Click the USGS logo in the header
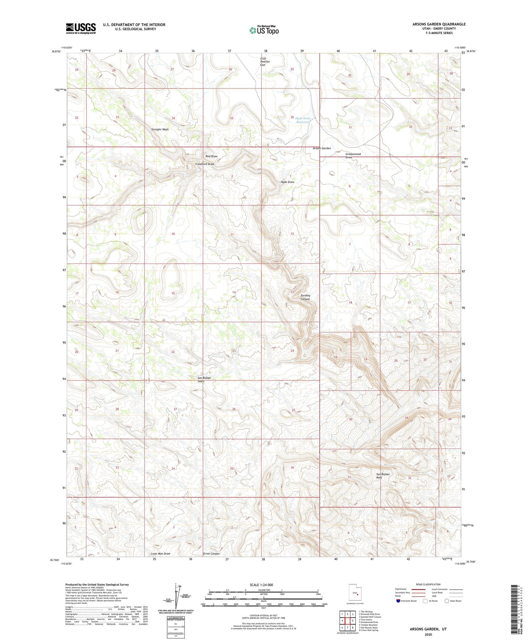coord(81,28)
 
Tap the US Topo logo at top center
coord(264,30)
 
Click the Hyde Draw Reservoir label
coord(303,120)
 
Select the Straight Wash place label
coord(160,130)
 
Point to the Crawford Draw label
coord(205,164)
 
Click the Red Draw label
coord(211,156)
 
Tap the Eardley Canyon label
coord(305,297)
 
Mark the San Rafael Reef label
coord(383,476)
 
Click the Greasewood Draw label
coord(353,156)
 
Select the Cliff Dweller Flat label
coord(265,62)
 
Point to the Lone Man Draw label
coord(161,553)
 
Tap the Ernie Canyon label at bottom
coord(211,553)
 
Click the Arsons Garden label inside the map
coord(321,148)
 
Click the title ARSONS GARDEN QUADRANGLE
coord(439,24)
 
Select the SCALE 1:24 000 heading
coord(261,585)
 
